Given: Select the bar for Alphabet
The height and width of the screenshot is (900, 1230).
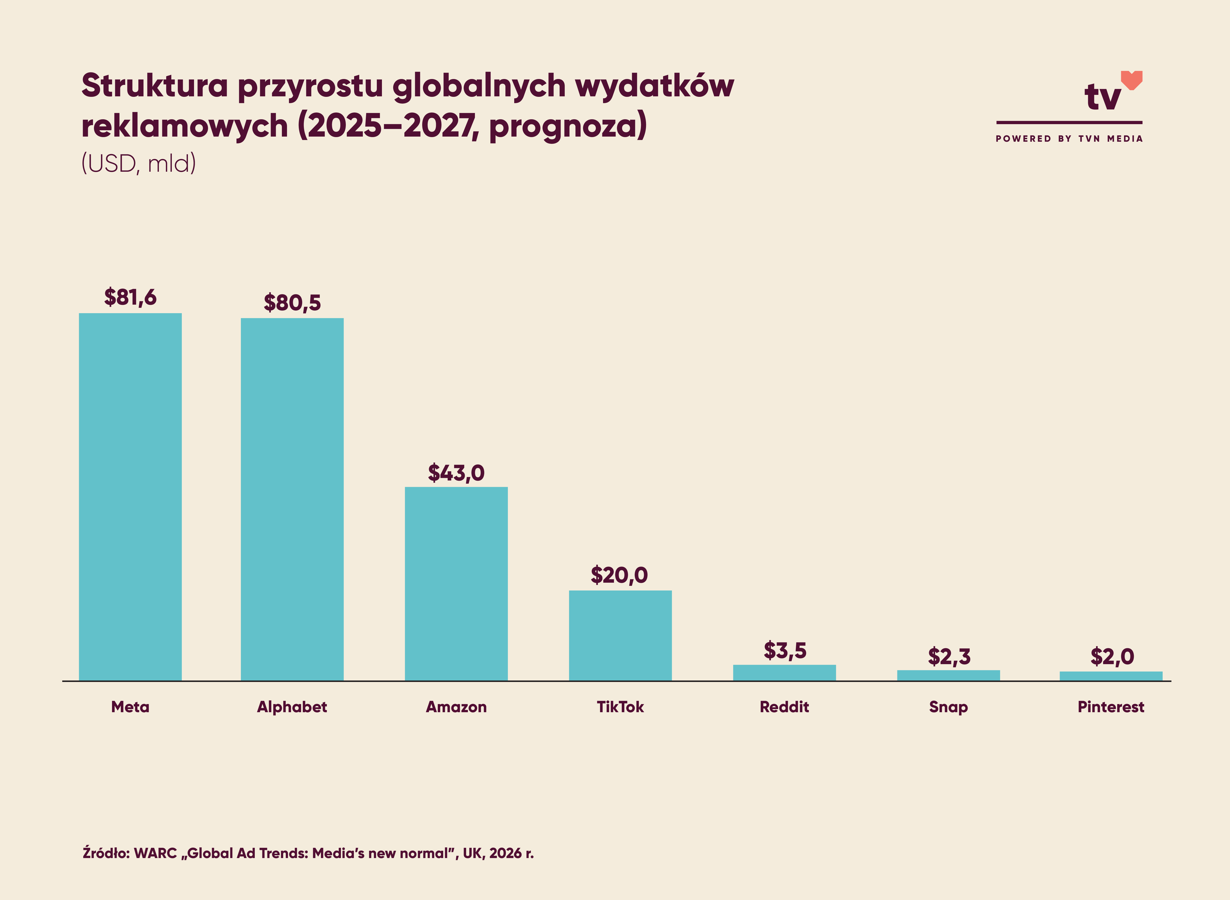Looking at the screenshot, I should click(292, 499).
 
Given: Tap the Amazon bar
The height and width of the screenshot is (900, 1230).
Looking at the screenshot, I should click(456, 583).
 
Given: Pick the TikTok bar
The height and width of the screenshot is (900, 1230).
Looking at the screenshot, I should click(620, 635).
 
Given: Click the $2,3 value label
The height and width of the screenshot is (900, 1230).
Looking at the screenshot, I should click(949, 657).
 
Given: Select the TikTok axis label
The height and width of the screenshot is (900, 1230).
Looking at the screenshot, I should click(620, 707).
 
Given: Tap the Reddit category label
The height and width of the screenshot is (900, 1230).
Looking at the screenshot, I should click(784, 707).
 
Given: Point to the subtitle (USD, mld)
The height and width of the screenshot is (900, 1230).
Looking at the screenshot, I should click(138, 163).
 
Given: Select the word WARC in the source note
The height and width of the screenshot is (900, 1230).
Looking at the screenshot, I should click(155, 853).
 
